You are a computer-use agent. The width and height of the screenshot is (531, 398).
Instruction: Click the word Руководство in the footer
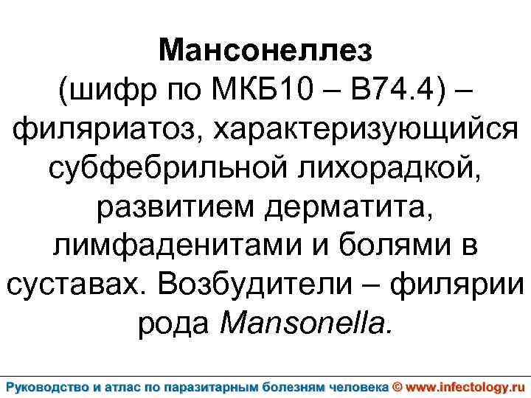[51, 385]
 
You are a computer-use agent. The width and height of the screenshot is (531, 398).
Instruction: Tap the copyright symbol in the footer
[397, 385]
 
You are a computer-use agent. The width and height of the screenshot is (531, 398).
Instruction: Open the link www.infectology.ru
[465, 385]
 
